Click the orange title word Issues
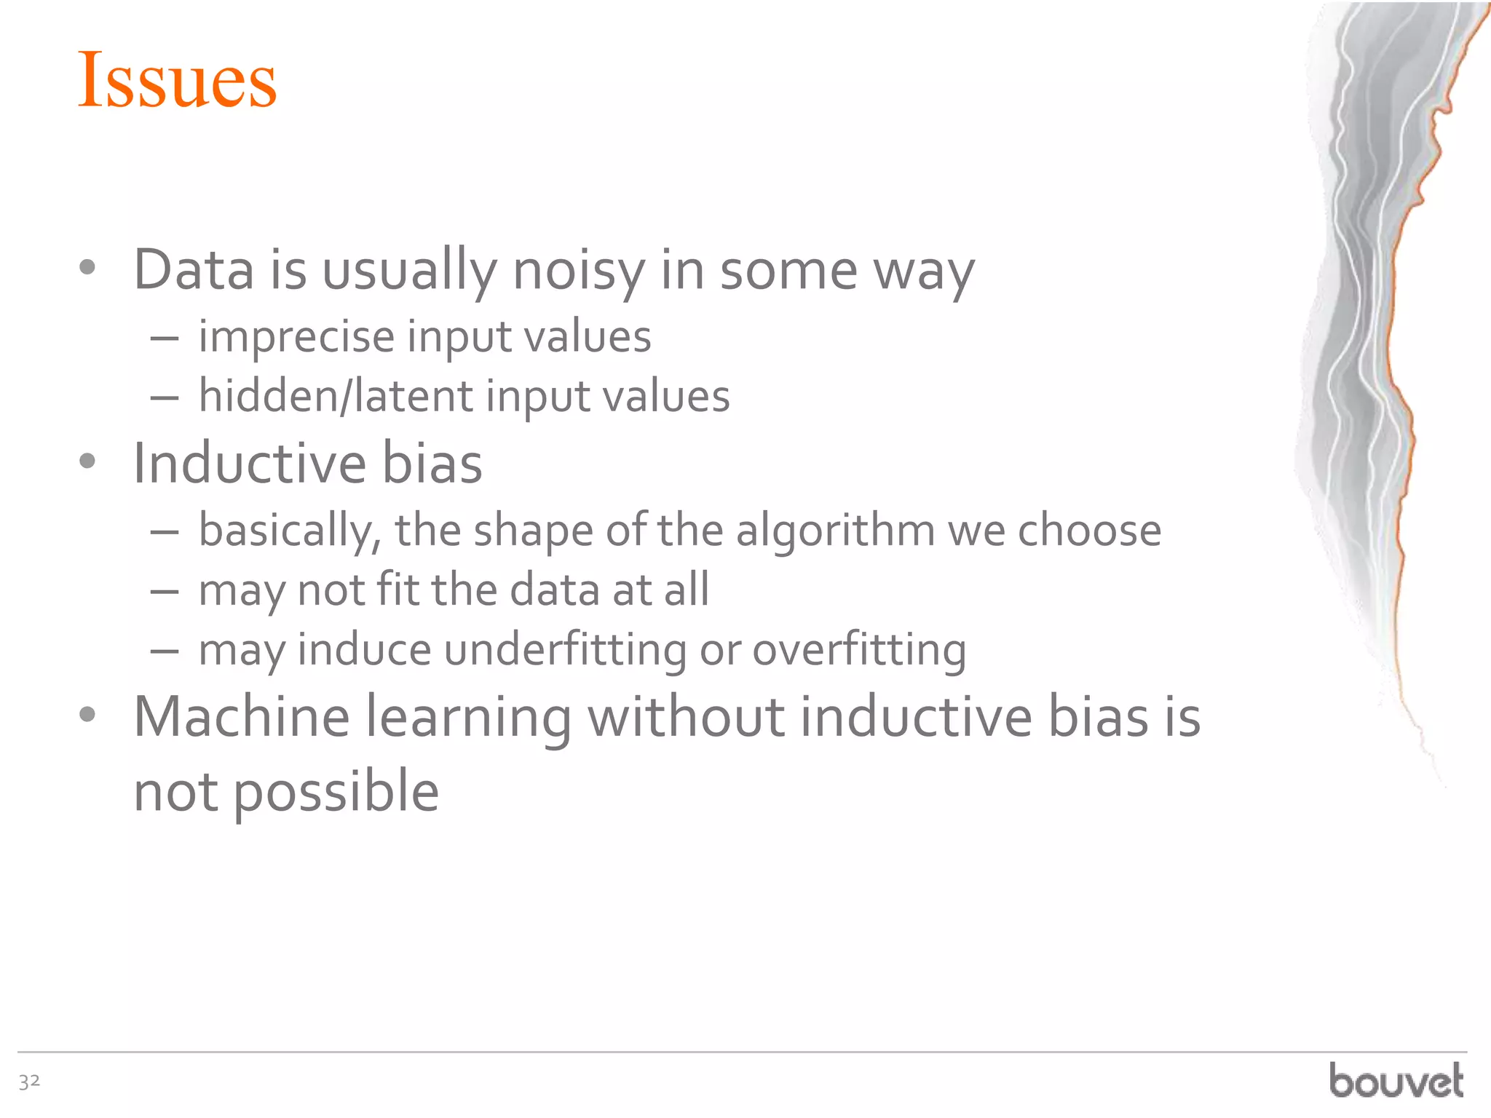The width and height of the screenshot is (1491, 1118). click(177, 80)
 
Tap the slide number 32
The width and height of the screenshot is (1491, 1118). click(29, 1082)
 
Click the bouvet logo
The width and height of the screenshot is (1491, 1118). click(1396, 1081)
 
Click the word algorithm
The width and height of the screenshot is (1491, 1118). click(835, 531)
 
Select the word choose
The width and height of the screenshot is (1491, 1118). click(1089, 531)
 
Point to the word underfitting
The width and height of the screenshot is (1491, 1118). click(565, 650)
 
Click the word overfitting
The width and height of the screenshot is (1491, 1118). click(859, 650)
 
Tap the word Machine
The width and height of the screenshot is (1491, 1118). click(242, 718)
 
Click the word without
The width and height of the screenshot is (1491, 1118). click(686, 718)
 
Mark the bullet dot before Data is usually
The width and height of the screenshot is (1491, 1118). click(87, 268)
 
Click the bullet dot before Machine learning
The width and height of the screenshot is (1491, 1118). click(87, 715)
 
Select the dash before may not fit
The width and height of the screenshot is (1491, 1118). click(165, 592)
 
